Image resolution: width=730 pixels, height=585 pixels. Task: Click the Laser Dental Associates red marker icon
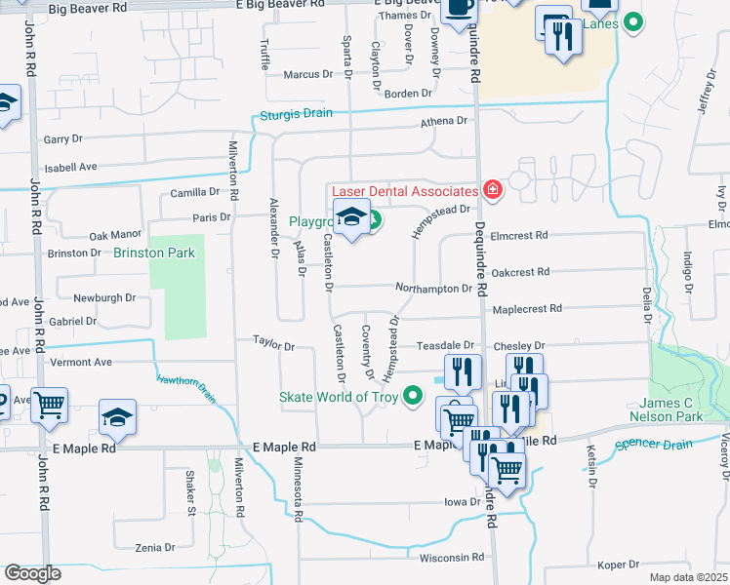[491, 191]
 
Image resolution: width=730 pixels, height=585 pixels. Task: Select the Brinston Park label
[154, 253]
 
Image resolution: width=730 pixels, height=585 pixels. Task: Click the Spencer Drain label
[656, 446]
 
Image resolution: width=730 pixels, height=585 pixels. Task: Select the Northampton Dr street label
[433, 288]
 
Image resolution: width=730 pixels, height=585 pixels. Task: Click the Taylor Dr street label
[273, 344]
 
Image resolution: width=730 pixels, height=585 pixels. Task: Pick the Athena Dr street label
[444, 121]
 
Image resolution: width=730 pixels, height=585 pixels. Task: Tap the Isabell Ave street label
[70, 167]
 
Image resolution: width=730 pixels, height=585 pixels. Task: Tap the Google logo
[32, 573]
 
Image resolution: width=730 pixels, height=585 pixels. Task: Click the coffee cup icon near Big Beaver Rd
[458, 9]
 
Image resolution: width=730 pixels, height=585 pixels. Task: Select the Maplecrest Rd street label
[527, 308]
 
